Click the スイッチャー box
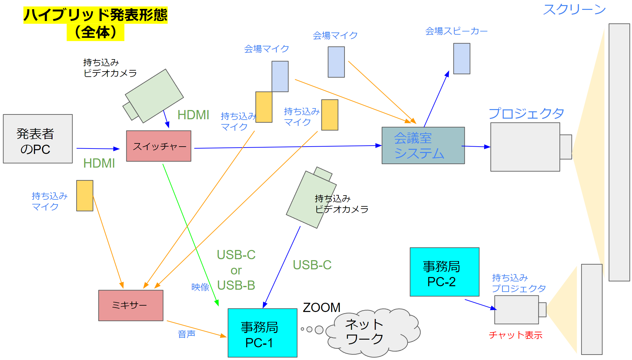158,146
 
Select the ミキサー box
130,305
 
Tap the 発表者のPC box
38,139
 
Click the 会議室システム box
423,146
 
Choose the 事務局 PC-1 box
262,333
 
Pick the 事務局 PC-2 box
444,272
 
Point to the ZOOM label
321,308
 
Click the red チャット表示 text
515,335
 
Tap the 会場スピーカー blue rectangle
461,59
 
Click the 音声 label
186,334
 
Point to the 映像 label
200,287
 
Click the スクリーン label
574,10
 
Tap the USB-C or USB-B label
236,270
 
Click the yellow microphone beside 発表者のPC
85,196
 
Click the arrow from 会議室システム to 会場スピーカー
436,99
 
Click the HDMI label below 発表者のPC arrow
99,163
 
